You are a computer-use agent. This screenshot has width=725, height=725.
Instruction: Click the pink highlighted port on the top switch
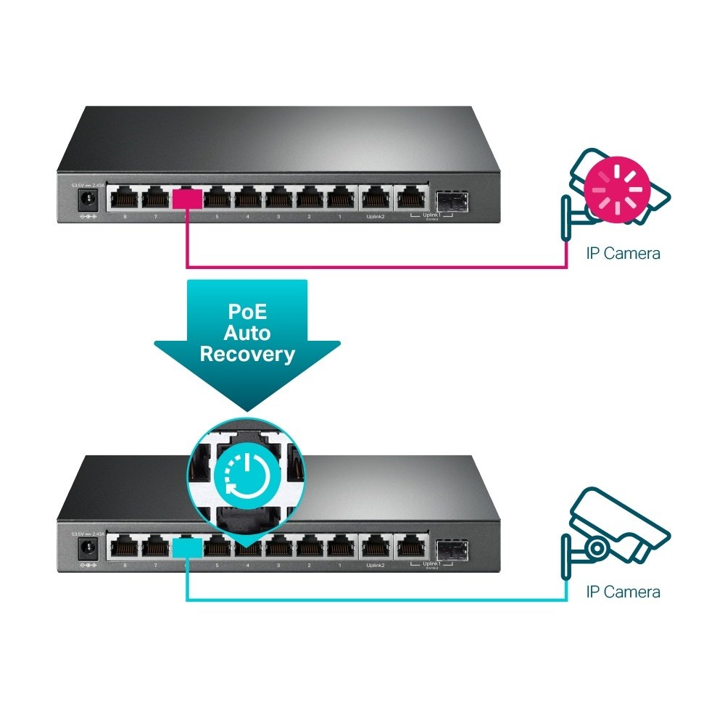pyautogui.click(x=188, y=197)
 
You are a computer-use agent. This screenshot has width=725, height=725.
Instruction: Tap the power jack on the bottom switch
pyautogui.click(x=89, y=547)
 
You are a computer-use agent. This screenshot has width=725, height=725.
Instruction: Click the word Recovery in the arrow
pyautogui.click(x=247, y=354)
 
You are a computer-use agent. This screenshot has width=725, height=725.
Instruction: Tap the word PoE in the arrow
pyautogui.click(x=247, y=312)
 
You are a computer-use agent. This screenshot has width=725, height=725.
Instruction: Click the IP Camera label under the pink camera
pyautogui.click(x=623, y=253)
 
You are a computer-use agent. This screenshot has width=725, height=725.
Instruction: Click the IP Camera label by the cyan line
pyautogui.click(x=623, y=592)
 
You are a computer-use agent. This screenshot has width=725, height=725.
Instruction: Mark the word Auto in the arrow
pyautogui.click(x=247, y=333)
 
